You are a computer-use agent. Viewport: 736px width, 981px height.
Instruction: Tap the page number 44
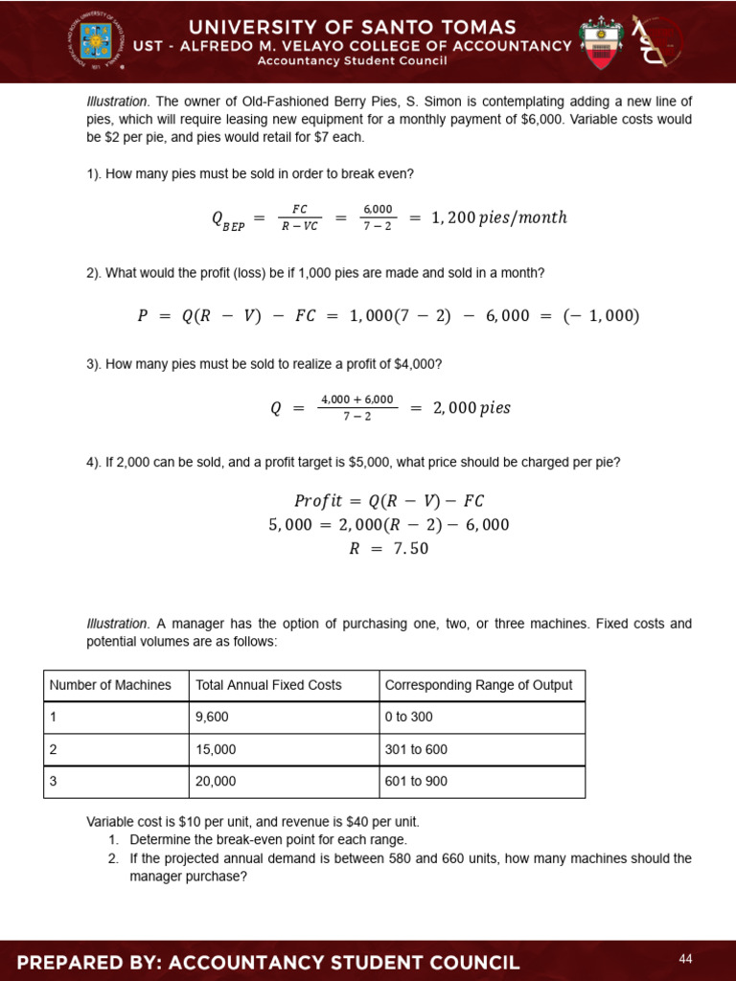(685, 959)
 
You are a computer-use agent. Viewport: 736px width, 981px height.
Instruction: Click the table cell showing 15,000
(216, 749)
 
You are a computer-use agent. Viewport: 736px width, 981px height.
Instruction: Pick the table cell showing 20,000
(216, 782)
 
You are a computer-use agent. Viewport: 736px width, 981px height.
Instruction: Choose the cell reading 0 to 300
(413, 718)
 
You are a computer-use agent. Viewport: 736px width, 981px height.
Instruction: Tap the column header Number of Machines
(110, 685)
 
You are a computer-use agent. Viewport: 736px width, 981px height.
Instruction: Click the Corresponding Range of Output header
(478, 685)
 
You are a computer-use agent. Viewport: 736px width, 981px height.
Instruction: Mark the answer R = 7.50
(388, 549)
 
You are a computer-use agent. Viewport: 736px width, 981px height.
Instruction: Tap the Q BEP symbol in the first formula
(228, 220)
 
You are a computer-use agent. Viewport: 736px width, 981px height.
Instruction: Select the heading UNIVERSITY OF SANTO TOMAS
(367, 27)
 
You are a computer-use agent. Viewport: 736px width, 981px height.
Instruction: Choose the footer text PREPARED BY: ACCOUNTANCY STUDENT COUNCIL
(268, 962)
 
